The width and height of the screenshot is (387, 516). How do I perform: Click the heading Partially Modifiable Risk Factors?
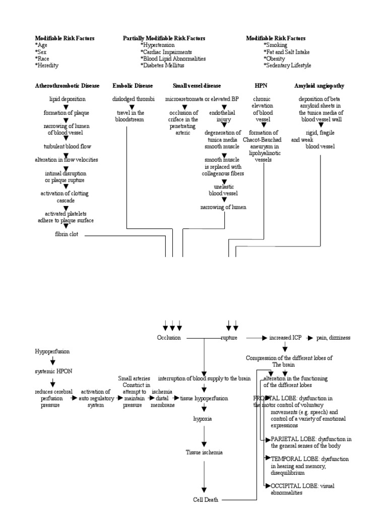(x=164, y=38)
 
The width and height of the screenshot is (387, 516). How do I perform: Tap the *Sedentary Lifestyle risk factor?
(x=287, y=65)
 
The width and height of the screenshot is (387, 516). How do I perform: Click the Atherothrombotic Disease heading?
(x=67, y=86)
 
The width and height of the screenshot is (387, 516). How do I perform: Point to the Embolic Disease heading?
(x=133, y=86)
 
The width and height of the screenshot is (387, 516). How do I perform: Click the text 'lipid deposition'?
(x=67, y=99)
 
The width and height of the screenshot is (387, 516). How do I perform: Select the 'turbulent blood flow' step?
(x=67, y=147)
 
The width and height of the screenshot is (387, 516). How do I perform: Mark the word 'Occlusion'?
(x=169, y=338)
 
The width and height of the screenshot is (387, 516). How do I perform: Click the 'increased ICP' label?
(x=285, y=338)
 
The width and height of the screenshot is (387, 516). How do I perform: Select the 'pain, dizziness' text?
(x=333, y=338)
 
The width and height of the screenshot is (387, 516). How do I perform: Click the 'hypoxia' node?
(x=203, y=418)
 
